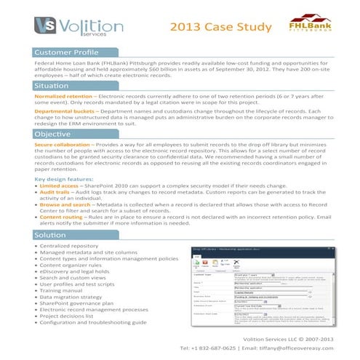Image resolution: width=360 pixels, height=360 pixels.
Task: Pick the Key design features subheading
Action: [63, 178]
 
